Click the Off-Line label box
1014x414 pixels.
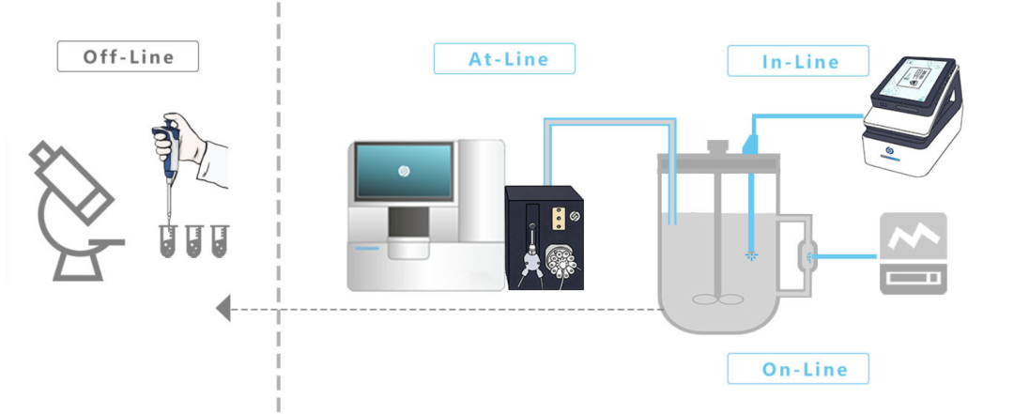[128, 56]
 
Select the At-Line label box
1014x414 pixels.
[504, 58]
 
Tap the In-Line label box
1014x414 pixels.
[797, 62]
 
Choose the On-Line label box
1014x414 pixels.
[798, 369]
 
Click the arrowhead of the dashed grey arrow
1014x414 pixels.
[223, 308]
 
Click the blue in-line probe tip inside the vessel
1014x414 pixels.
[751, 253]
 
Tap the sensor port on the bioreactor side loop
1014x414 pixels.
[807, 253]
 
